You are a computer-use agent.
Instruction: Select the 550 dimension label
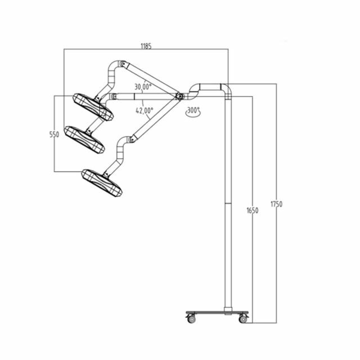pos(54,134)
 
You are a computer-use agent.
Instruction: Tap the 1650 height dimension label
pos(252,210)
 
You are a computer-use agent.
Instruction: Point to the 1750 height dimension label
pos(276,203)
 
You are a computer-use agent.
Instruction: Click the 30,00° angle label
pos(143,87)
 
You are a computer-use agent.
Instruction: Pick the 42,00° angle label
pos(144,110)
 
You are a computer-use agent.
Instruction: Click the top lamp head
pos(93,106)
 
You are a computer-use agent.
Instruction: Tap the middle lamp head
pos(84,139)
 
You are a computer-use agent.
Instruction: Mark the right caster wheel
pos(243,319)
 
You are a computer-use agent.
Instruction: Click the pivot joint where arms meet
pos(179,96)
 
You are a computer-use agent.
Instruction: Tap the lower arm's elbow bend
pos(124,142)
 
